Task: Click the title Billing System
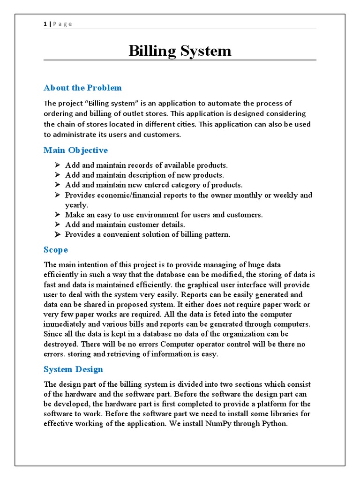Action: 180,51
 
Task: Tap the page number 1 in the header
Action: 45,24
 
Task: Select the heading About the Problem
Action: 82,88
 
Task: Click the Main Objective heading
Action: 75,150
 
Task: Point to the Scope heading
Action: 56,249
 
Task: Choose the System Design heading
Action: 73,369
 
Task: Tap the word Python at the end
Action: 272,424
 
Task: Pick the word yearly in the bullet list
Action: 76,205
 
